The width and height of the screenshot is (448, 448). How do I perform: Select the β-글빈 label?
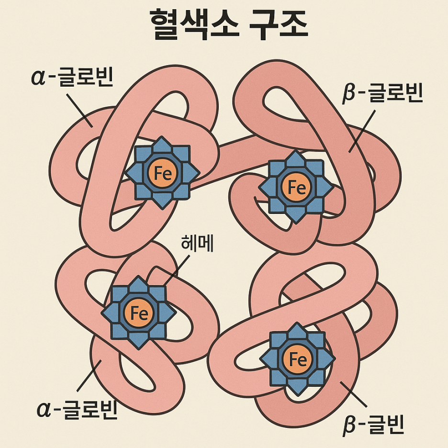pyautogui.click(x=374, y=425)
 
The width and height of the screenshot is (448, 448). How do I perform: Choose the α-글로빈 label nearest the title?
pyautogui.click(x=72, y=77)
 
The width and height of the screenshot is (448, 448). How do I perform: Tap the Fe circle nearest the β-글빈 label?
pyautogui.click(x=298, y=359)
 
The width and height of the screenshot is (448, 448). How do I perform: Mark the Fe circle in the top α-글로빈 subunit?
pyautogui.click(x=162, y=172)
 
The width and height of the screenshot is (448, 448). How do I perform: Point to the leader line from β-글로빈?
pyautogui.click(x=361, y=129)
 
